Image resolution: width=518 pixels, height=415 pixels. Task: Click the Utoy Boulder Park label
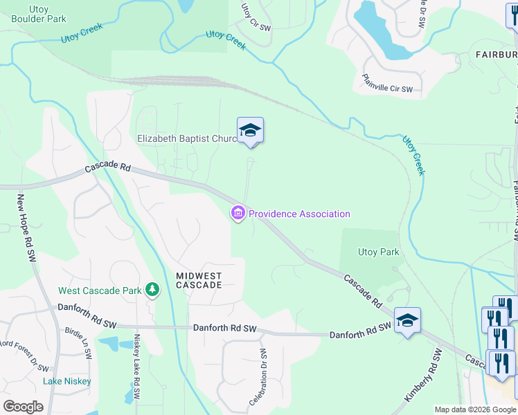(x=39, y=14)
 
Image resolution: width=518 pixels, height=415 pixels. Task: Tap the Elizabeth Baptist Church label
(x=187, y=138)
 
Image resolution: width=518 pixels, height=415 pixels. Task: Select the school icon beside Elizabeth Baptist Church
(x=250, y=130)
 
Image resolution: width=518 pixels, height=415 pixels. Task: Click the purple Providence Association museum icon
(x=238, y=214)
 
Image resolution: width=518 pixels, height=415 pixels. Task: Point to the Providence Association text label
(x=299, y=214)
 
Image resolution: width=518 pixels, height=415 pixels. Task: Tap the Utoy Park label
(x=378, y=252)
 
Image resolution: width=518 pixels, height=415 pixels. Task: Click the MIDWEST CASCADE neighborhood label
(x=199, y=280)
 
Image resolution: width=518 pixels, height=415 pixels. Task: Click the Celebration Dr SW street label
(x=258, y=378)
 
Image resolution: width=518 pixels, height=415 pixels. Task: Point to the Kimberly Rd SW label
(x=425, y=376)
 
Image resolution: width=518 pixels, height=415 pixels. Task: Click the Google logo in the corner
(x=23, y=406)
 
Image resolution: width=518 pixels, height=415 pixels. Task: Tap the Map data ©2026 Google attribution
(x=474, y=409)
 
